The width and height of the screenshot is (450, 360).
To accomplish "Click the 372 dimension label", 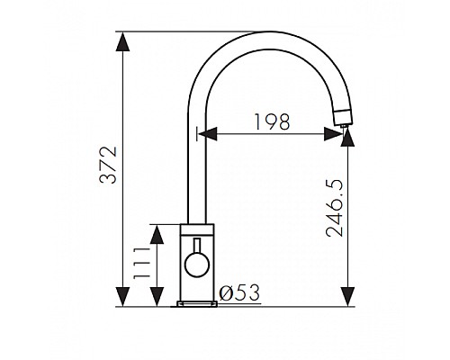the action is tap(108, 165).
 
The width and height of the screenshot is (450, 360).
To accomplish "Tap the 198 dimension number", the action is tap(272, 122).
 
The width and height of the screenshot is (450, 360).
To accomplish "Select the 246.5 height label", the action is tap(335, 208).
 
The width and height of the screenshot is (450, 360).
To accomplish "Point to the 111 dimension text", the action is tap(141, 263).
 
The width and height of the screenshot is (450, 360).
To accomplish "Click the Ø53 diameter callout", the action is tap(239, 292).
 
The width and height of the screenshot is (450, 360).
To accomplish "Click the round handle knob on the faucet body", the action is tap(197, 265).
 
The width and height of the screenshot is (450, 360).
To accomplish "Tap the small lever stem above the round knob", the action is tap(197, 246).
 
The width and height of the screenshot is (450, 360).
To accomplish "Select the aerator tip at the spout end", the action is tap(344, 118).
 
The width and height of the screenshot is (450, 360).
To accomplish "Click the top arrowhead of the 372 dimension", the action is tap(122, 42).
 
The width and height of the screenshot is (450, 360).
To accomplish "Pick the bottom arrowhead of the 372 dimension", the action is tap(122, 297).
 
